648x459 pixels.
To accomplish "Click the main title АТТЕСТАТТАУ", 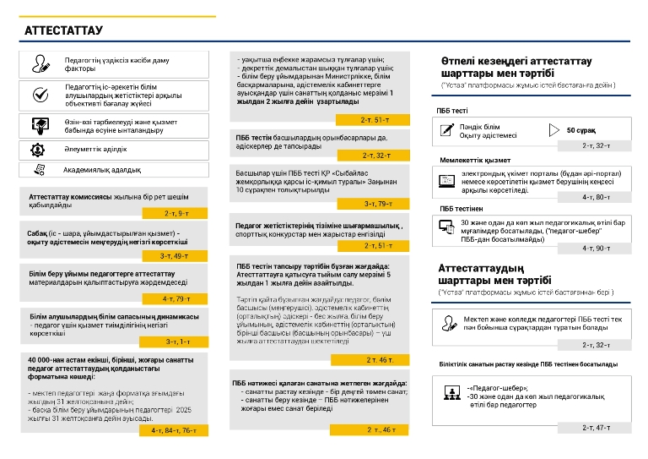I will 63,31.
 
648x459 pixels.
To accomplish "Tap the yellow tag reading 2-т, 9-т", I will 176,214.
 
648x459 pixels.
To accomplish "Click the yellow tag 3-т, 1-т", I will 177,342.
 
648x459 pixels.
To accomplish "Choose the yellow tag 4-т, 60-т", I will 596,197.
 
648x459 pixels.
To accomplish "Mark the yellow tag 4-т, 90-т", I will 596,249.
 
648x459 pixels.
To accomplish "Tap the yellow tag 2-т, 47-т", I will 596,428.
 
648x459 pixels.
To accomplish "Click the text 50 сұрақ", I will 581,131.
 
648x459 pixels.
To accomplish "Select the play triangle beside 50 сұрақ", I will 553,130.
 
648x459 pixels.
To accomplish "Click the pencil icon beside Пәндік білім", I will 447,130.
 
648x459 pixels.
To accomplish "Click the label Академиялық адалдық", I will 103,171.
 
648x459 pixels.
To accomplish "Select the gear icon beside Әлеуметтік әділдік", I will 37,149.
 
